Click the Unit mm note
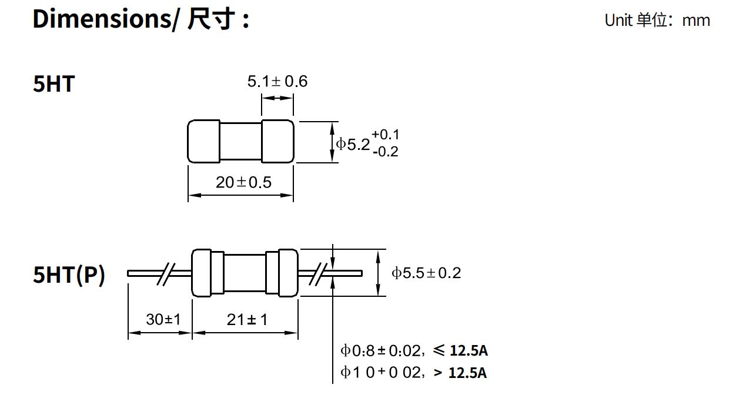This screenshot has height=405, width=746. click(657, 20)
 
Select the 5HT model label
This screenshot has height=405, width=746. click(54, 84)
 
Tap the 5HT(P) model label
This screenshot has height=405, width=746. click(69, 274)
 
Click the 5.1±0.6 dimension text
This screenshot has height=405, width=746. click(277, 81)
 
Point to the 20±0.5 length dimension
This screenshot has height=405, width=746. click(243, 182)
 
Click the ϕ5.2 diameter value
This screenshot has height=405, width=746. click(353, 143)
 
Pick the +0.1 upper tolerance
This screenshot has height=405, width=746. click(385, 135)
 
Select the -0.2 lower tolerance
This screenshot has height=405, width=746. click(385, 152)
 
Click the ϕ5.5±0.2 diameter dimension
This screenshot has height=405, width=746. click(426, 273)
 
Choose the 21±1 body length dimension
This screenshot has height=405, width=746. click(247, 319)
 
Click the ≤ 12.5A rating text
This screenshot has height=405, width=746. click(460, 351)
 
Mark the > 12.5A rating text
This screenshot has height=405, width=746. click(460, 373)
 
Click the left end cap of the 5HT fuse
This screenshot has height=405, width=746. click(203, 142)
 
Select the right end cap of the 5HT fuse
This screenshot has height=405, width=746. click(277, 142)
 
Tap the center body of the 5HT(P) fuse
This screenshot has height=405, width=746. click(245, 272)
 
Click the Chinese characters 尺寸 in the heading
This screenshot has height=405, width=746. click(211, 19)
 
